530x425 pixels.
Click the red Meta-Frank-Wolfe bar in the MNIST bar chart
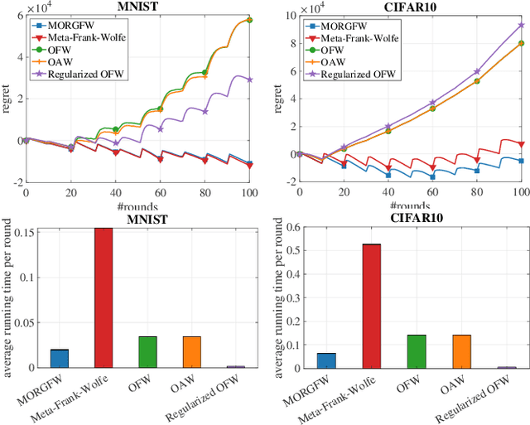coord(104,297)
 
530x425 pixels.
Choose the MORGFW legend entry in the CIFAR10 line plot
coord(335,25)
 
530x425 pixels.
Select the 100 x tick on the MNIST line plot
coord(249,192)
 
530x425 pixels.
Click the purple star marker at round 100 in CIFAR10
coord(521,25)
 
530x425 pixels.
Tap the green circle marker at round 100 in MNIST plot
coord(250,20)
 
